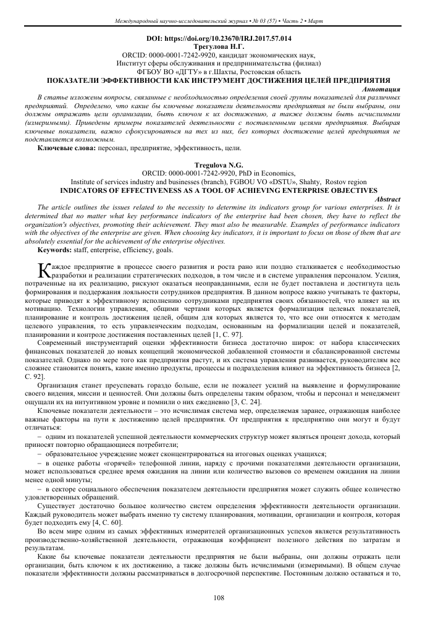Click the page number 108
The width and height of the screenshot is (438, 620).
(x=218, y=597)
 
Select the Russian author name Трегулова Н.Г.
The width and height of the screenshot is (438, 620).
(x=218, y=46)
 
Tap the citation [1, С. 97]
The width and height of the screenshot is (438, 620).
(x=224, y=334)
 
